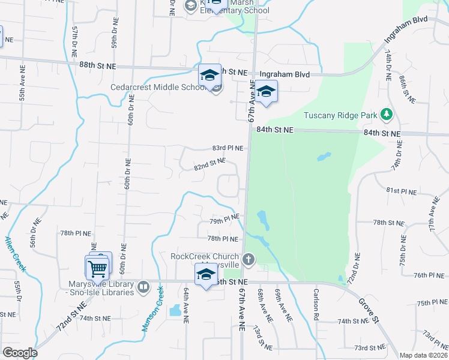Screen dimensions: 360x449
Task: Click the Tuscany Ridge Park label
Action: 340,115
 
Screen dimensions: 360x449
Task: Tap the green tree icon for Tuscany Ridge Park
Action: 387,113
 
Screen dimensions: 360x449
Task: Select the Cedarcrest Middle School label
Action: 158,87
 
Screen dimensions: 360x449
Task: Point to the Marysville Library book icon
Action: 143,287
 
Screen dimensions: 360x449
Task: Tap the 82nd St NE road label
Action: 209,164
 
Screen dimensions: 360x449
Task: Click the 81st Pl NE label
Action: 401,190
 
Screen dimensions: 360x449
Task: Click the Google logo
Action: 20,352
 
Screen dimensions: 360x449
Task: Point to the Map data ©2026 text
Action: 423,355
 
